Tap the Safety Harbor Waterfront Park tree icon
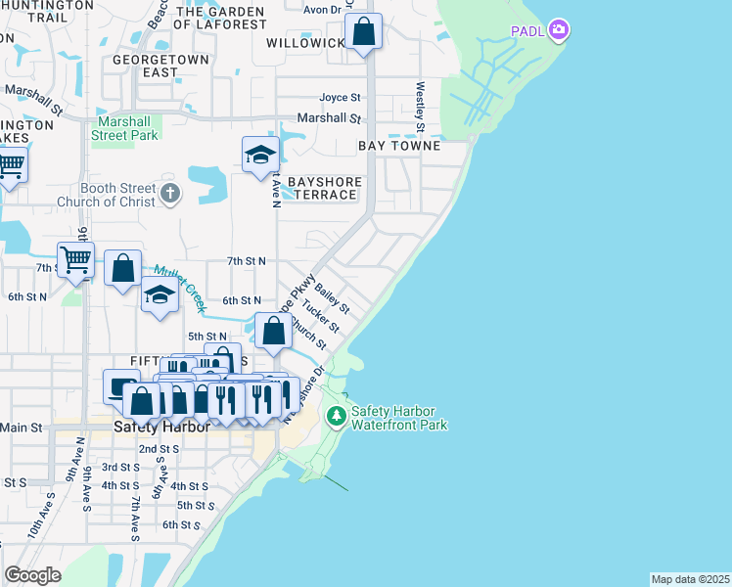(337, 418)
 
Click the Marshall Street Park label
(125, 128)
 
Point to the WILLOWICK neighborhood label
(305, 43)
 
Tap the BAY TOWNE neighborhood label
(398, 145)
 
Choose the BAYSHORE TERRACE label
(324, 189)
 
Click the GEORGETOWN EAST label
(160, 66)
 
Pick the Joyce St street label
(341, 98)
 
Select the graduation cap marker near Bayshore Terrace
(260, 154)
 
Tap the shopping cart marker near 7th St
(75, 260)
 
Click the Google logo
(33, 575)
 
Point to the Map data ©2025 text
(690, 579)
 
